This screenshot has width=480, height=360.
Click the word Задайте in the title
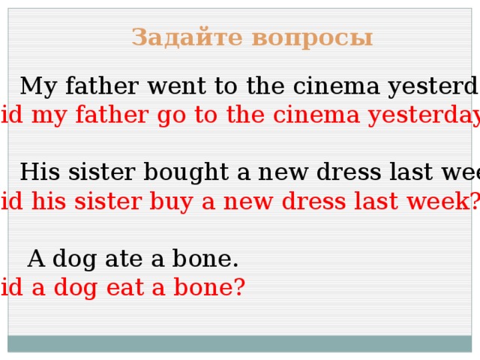coord(187,37)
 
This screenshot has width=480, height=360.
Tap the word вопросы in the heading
coord(310,37)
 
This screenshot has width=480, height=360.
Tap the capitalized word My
coord(35,88)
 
